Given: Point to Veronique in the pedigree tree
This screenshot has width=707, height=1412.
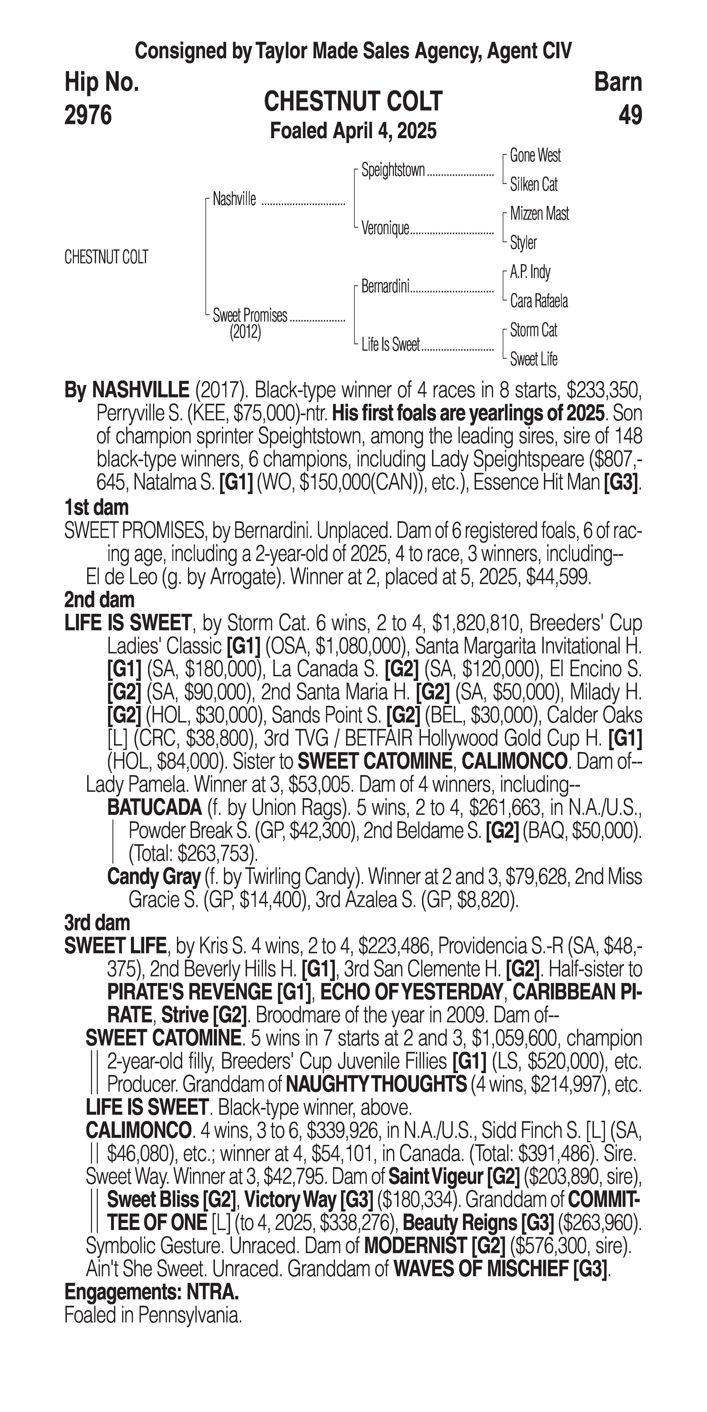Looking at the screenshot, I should [x=385, y=229].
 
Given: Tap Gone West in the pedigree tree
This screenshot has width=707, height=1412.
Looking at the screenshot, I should [x=535, y=156].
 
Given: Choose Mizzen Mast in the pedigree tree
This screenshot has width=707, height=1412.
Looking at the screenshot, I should [x=539, y=214].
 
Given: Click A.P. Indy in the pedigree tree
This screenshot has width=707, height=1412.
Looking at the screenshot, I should [x=530, y=272].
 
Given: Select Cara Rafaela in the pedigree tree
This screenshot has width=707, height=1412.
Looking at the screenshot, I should [x=539, y=301].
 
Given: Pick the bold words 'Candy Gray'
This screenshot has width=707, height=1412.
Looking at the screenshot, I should [x=153, y=877].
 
